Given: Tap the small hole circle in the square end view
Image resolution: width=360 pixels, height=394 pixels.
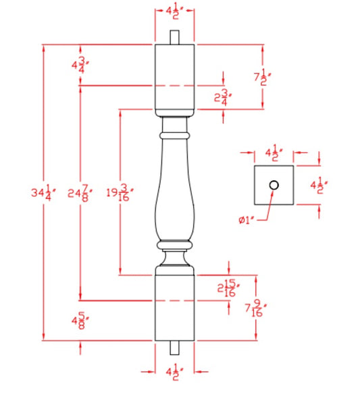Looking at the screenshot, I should point(274,185).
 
